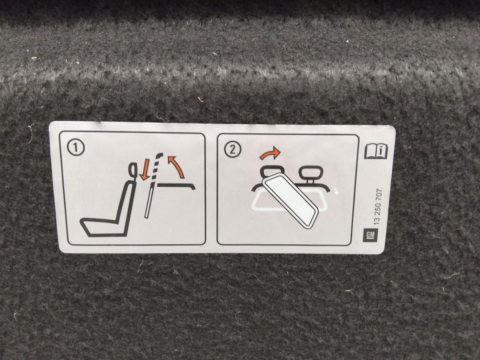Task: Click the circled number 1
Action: click(x=76, y=148)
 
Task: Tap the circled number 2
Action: click(x=233, y=150)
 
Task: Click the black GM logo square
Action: click(x=370, y=235)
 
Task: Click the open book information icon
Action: click(x=376, y=151)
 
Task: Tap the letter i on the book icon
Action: click(x=381, y=151)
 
